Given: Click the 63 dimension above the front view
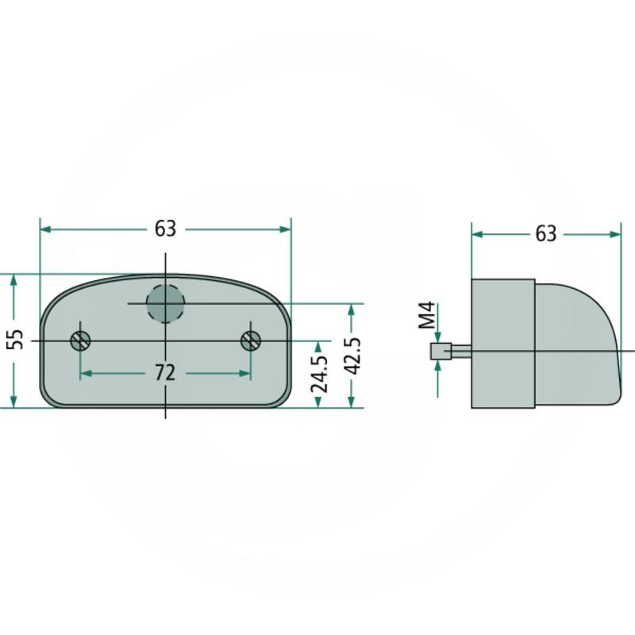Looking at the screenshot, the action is (x=166, y=229).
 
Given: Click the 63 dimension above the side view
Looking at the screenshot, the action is (x=546, y=234).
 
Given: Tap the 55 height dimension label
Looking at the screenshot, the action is (x=16, y=339).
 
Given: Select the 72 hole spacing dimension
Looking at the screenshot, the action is (x=165, y=372).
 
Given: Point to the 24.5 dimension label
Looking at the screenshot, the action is (x=319, y=375).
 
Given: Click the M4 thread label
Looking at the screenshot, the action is (x=427, y=315).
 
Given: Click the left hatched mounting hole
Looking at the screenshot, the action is (x=80, y=341).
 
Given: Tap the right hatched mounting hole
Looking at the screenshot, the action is (x=251, y=341).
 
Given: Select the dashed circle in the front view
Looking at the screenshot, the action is (x=165, y=303).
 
